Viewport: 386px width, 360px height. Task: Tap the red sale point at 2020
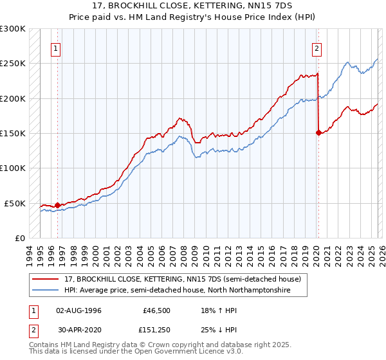[318, 132]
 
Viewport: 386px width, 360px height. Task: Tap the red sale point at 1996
[57, 206]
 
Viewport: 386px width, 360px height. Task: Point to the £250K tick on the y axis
[13, 64]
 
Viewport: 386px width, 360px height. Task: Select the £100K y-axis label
[13, 168]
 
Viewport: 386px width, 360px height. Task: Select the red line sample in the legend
[46, 279]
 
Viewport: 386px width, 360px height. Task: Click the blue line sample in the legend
[46, 291]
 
